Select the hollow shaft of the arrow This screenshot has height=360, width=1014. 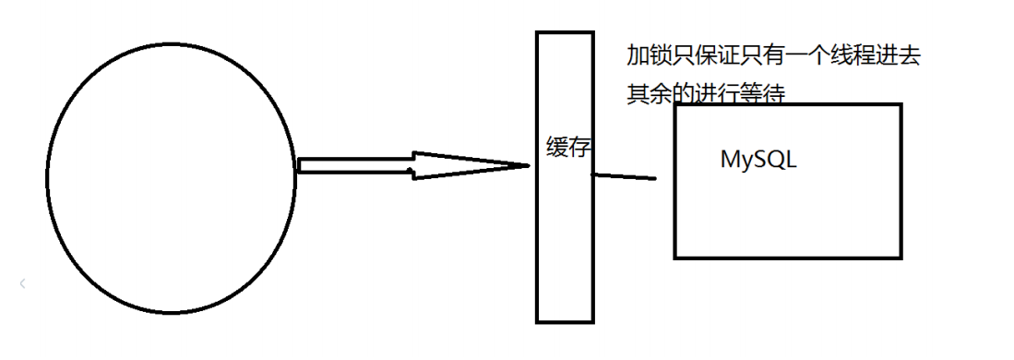[354, 166]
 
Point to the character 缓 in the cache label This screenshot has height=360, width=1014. [557, 148]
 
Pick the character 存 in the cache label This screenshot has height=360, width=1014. [579, 148]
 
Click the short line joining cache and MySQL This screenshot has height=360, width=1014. [624, 177]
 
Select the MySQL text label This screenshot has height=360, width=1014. [758, 159]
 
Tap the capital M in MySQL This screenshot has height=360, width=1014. [729, 159]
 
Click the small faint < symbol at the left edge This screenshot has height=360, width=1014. [22, 284]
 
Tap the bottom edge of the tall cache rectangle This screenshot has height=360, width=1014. [565, 321]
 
